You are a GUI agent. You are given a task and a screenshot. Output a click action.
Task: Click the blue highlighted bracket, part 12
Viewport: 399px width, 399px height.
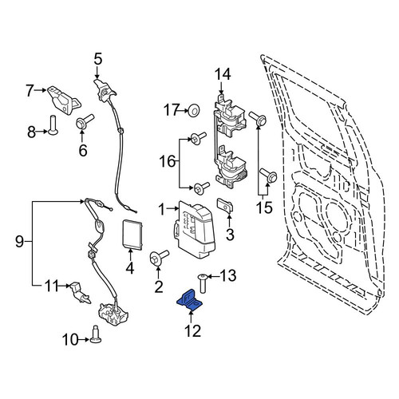coord(190,301)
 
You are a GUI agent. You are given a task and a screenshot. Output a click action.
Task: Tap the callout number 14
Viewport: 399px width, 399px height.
coord(223,74)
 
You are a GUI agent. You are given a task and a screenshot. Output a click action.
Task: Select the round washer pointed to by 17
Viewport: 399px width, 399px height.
coord(194,111)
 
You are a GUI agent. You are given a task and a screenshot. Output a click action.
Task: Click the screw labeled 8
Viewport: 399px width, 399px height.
coord(53,124)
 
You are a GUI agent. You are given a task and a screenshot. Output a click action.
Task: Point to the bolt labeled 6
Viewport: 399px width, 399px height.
coord(85,122)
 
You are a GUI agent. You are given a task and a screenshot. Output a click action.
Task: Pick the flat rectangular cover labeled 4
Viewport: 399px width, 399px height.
coord(132,235)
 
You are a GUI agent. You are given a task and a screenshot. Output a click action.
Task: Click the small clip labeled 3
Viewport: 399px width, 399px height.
coord(226,205)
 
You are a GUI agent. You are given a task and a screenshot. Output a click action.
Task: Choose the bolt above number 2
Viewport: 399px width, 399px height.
coord(159,258)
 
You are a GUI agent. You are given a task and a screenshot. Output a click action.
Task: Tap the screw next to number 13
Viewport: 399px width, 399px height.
coord(203,283)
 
